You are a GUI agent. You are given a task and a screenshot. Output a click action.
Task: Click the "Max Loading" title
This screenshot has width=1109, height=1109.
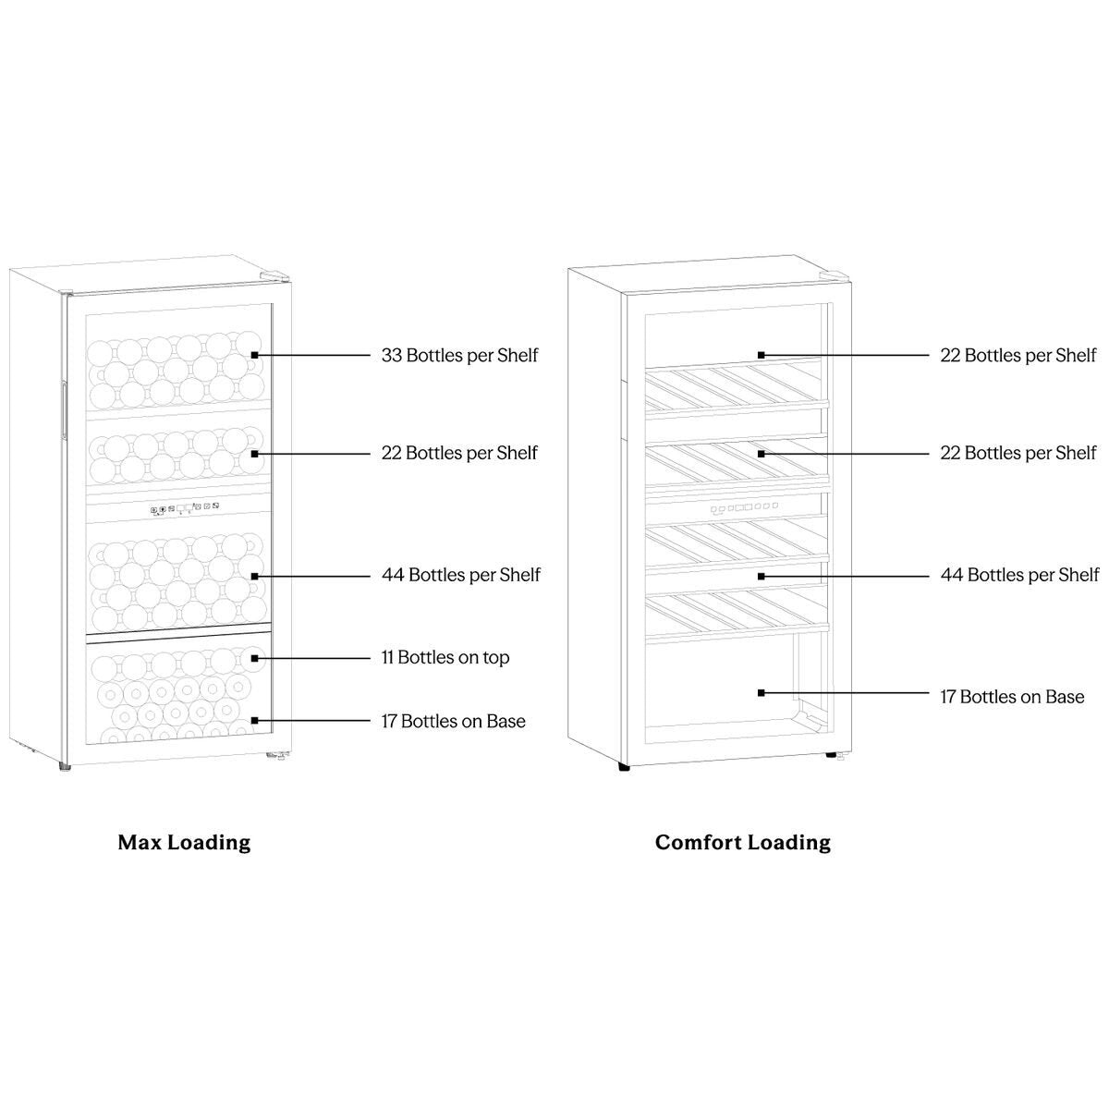[x=184, y=843]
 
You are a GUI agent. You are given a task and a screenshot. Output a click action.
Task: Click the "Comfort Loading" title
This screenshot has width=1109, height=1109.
[x=743, y=843]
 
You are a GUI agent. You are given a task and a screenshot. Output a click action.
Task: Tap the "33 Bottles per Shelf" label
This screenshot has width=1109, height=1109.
[x=459, y=355]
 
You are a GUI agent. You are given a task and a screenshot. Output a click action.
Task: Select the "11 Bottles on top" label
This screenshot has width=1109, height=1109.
[x=445, y=657]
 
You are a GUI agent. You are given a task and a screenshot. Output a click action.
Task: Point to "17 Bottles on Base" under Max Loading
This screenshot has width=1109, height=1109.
[x=454, y=721]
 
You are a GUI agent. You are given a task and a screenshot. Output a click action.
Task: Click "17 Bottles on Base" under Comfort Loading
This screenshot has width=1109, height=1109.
[x=1012, y=697]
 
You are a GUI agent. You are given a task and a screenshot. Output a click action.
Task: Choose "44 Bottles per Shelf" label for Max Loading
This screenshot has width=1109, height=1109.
[x=461, y=575]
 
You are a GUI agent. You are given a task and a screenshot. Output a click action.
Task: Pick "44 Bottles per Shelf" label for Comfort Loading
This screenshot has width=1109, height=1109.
[x=1019, y=575]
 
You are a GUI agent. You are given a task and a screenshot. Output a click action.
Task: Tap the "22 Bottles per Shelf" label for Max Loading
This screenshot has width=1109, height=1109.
[x=459, y=453]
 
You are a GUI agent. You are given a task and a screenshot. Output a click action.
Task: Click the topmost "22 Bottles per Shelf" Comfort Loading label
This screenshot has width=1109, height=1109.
[x=1018, y=355]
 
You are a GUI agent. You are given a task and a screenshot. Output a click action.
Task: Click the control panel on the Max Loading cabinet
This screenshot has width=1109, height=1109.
[x=184, y=507]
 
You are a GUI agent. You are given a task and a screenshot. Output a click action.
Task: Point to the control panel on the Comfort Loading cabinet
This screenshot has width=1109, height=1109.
[x=744, y=507]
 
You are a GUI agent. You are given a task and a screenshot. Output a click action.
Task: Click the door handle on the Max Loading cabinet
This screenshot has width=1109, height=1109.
[x=65, y=409]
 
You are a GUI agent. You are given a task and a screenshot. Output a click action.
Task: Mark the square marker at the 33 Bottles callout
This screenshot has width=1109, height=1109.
[x=254, y=356]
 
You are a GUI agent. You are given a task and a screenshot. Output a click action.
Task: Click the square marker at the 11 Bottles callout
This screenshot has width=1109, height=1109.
[x=254, y=658]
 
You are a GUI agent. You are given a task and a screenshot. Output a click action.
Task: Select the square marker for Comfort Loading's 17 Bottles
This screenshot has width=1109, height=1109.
[x=761, y=693]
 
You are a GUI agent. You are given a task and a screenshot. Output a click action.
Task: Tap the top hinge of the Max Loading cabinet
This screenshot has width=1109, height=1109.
[x=274, y=276]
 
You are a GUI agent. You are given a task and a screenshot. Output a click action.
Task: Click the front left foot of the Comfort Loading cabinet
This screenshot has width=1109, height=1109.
[x=624, y=766]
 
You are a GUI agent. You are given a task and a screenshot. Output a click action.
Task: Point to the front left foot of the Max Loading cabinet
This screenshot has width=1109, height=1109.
[x=65, y=767]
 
